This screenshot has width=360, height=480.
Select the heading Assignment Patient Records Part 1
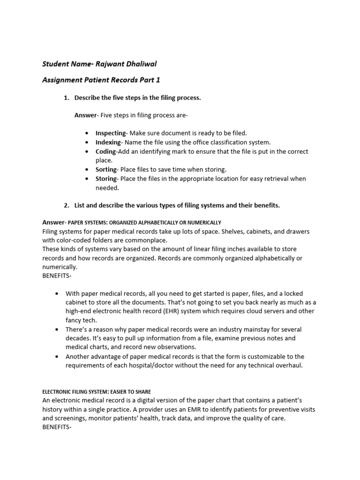pyautogui.click(x=101, y=80)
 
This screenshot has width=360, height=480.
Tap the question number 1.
pyautogui.click(x=66, y=97)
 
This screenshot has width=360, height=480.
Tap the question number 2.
pyautogui.click(x=66, y=205)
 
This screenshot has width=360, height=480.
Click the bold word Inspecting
pyautogui.click(x=111, y=133)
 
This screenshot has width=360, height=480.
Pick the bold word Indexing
pyautogui.click(x=108, y=142)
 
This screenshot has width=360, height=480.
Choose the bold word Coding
pyautogui.click(x=105, y=151)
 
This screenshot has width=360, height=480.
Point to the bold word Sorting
pyautogui.click(x=106, y=169)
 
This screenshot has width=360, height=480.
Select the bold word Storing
pyautogui.click(x=106, y=179)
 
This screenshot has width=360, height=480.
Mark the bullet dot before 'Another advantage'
pyautogui.click(x=57, y=357)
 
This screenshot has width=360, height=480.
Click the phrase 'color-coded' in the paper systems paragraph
pyautogui.click(x=75, y=240)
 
